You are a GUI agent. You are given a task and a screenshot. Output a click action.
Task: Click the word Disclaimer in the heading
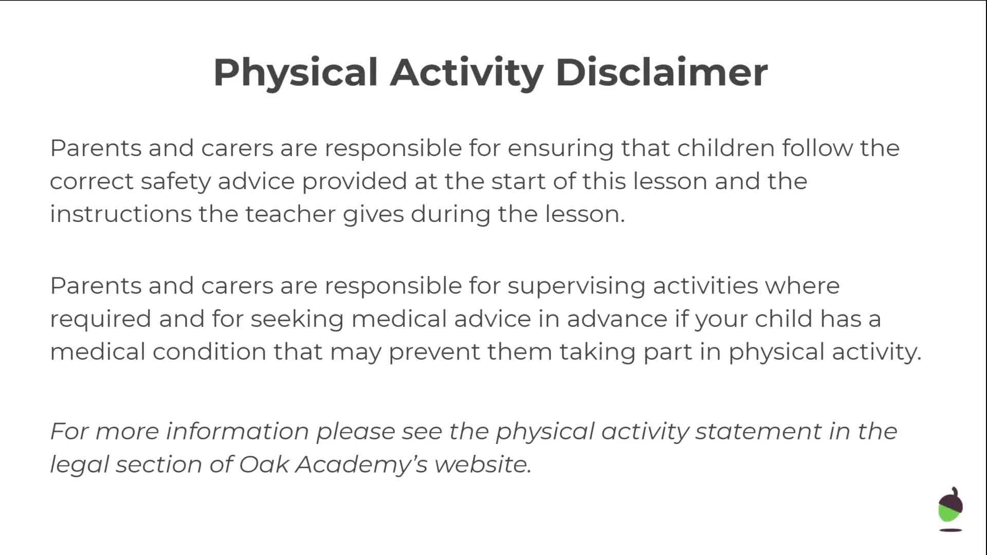click(x=662, y=72)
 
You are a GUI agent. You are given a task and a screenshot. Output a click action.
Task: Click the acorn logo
click(x=951, y=509)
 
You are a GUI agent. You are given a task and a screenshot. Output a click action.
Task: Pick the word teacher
click(x=290, y=214)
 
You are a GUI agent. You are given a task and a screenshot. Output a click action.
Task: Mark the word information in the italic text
click(x=237, y=431)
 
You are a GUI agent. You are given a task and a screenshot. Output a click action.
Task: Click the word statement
click(x=758, y=431)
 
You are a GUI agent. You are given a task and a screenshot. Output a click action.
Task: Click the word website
click(x=483, y=464)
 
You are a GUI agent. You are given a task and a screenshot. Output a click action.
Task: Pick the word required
click(x=101, y=319)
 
